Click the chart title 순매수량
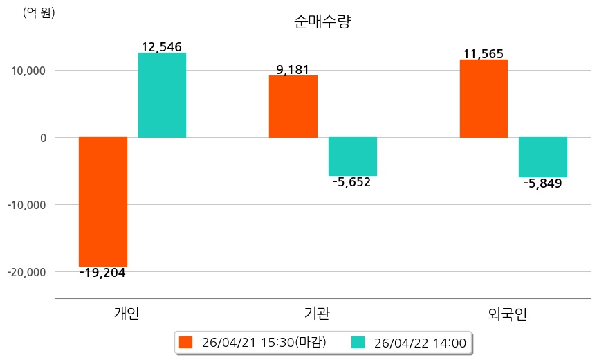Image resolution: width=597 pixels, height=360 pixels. coord(323,22)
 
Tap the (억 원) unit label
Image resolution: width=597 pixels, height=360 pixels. coord(39,12)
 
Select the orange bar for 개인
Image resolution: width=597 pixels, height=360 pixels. coord(103,201)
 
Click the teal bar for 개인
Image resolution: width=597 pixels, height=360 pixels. coord(162,95)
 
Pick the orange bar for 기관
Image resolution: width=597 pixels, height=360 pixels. coord(293,106)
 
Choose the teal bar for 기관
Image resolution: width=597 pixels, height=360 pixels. coord(353,156)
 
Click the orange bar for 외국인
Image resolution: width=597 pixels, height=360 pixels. coord(484,98)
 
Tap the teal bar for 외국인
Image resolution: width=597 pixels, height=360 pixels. coord(543,157)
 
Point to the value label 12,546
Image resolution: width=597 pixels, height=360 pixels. coord(161,47)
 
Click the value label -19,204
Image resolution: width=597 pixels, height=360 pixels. coord(102,273)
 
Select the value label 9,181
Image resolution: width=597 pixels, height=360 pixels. coord(293,69)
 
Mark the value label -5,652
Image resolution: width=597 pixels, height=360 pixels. coord(351,183)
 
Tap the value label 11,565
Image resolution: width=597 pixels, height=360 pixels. coord(483,54)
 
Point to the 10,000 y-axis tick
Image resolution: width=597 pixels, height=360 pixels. coord(27,71)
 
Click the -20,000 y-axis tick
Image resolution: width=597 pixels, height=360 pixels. coord(27,272)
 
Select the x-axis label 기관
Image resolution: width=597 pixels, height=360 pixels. coord(317,314)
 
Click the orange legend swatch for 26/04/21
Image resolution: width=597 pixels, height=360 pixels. coord(185,343)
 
